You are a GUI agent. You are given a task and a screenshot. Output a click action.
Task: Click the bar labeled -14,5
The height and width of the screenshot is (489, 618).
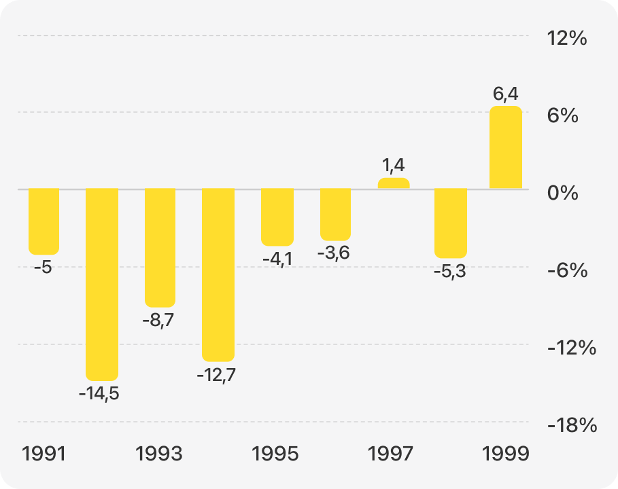tap(101, 284)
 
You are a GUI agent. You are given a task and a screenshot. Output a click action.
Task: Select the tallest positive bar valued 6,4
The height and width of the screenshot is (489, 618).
tap(506, 147)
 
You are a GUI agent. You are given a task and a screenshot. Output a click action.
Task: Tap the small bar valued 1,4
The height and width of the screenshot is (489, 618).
tap(394, 183)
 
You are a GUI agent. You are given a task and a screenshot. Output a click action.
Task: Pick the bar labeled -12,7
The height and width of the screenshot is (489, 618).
tap(218, 274)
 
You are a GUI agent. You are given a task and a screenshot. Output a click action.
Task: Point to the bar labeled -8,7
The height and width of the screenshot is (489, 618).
tap(160, 247)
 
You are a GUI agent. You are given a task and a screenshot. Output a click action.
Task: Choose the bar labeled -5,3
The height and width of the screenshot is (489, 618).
tap(451, 223)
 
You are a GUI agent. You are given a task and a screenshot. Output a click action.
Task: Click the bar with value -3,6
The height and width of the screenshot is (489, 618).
tap(335, 215)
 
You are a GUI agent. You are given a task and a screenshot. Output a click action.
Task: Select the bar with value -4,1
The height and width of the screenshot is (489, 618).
tap(277, 217)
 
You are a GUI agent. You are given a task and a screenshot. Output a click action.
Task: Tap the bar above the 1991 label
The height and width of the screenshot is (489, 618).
tap(44, 221)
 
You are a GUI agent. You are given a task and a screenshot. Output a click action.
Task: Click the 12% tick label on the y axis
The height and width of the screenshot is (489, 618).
tap(567, 38)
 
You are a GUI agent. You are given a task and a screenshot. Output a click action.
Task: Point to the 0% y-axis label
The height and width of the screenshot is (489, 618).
tap(563, 193)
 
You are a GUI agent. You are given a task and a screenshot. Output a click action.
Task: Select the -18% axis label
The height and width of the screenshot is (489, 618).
tap(571, 426)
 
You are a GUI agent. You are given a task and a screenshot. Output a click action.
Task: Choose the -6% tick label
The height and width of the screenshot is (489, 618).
tap(567, 271)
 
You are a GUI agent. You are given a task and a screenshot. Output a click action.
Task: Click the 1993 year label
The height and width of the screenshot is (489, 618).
tap(159, 454)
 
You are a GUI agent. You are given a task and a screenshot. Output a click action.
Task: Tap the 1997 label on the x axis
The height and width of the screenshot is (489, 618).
tap(390, 454)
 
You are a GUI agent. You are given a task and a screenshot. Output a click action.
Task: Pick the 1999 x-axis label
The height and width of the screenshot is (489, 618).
tap(505, 454)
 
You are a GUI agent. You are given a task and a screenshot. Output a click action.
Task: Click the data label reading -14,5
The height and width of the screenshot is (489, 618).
tap(99, 393)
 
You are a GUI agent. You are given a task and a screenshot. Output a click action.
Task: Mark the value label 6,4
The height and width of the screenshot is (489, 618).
tap(506, 92)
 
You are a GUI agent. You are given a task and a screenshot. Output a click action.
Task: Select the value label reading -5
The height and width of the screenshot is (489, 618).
tap(43, 268)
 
